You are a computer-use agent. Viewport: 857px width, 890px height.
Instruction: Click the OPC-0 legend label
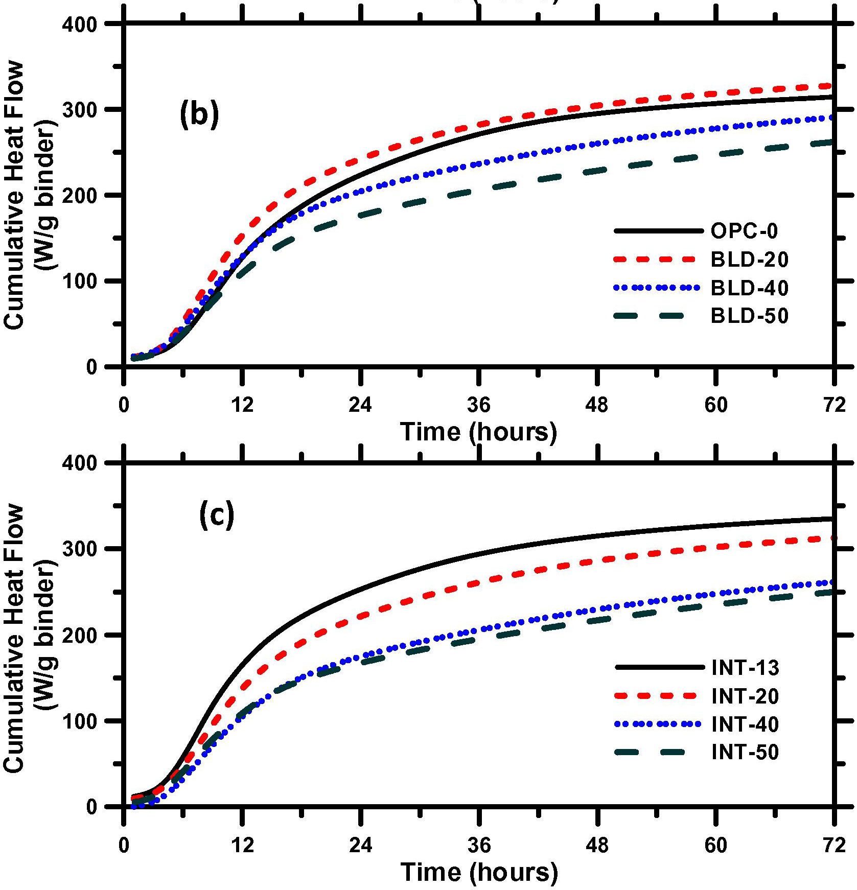coord(744,231)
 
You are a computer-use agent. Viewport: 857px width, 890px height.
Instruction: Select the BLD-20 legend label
coord(749,260)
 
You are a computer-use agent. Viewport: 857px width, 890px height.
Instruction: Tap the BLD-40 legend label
coord(749,288)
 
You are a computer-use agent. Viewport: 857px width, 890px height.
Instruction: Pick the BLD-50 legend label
coord(749,316)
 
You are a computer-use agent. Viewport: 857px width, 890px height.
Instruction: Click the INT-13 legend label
coord(745,668)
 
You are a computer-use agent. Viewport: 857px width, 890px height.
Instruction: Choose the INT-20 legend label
coord(745,696)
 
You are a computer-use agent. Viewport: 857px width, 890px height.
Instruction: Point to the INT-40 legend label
coord(745,724)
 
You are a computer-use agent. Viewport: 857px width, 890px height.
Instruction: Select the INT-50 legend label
coord(745,752)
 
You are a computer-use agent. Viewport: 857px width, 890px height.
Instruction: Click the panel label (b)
coord(199,115)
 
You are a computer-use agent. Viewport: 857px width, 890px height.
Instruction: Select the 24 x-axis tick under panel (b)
coord(361,405)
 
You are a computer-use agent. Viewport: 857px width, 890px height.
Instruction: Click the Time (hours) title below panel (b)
coord(478,432)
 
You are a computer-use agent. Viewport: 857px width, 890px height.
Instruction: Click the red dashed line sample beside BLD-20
coord(656,260)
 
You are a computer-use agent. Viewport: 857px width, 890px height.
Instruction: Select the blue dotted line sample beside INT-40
coord(656,724)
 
